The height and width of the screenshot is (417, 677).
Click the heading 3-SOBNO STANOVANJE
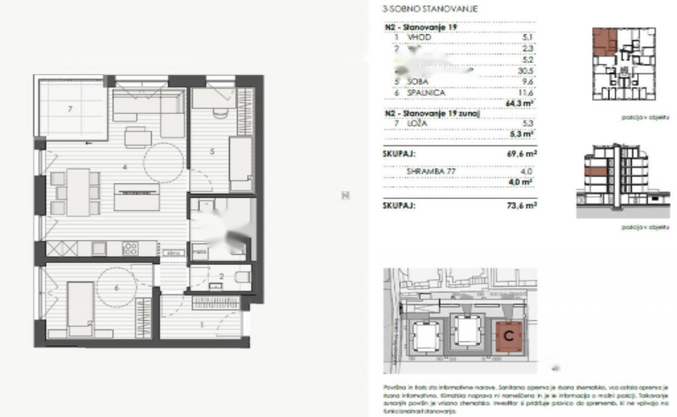430,9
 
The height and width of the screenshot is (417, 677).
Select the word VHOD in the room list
419,38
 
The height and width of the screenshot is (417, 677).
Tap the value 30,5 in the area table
527,70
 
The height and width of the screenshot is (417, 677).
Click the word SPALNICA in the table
426,92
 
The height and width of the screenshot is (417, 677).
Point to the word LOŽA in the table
417,124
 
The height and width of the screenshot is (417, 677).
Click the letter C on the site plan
508,335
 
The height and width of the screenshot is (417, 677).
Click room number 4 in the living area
124,167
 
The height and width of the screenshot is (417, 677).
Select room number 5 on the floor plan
212,152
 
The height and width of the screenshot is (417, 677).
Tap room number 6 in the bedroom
116,288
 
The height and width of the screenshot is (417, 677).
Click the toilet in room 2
243,276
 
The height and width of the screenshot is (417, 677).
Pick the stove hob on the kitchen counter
131,248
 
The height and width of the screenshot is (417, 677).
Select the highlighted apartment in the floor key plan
604,42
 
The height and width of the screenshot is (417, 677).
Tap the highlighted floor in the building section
595,171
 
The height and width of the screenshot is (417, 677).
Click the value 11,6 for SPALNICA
527,92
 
